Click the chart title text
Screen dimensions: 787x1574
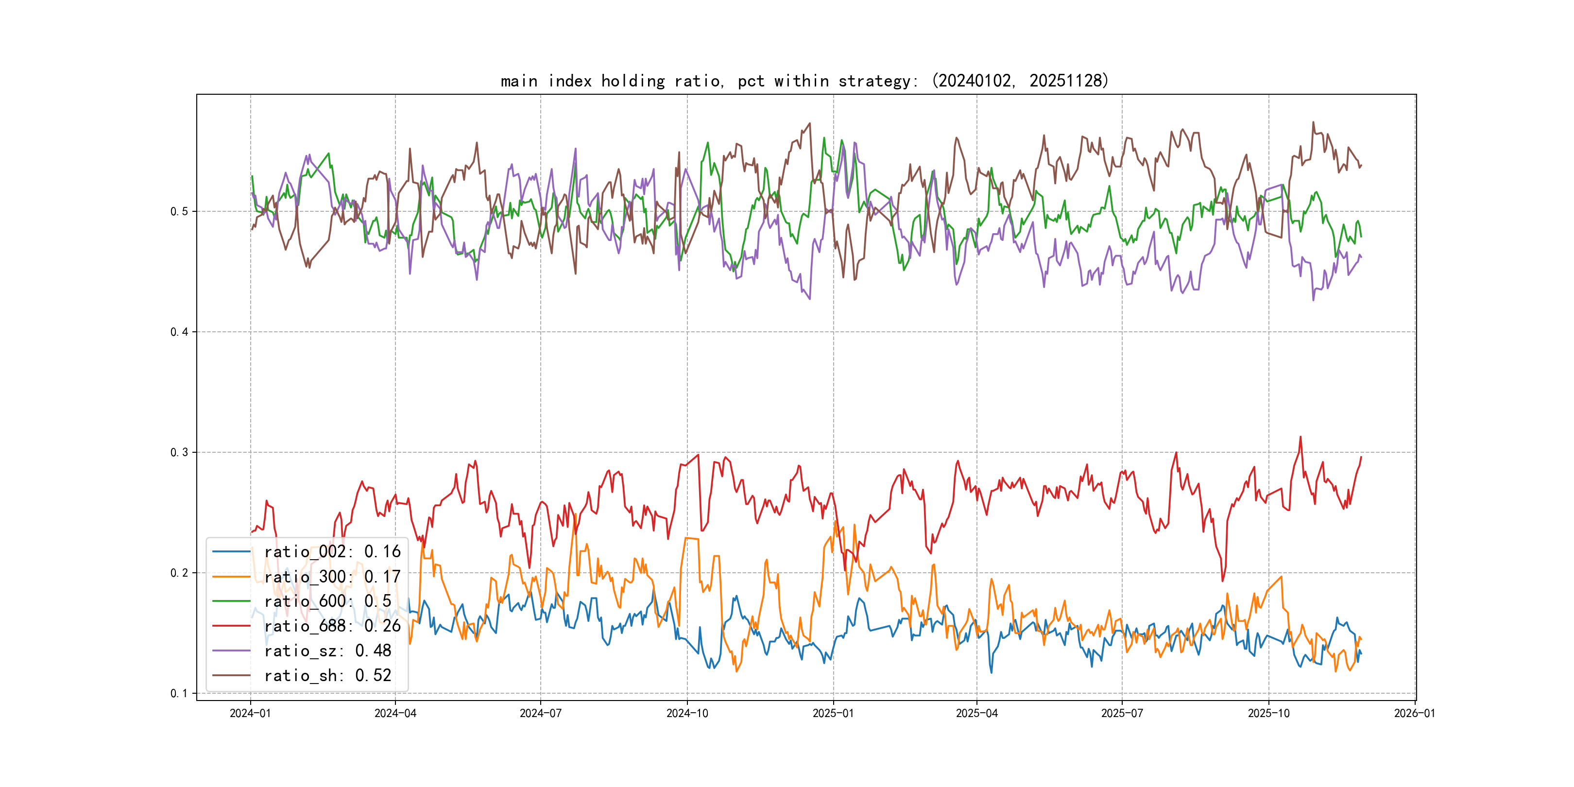click(x=804, y=81)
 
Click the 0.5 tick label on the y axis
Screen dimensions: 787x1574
click(x=179, y=211)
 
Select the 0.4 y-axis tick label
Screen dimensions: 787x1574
click(x=179, y=332)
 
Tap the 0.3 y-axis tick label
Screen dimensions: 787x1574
click(x=179, y=452)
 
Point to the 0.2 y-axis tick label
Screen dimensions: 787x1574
click(x=179, y=573)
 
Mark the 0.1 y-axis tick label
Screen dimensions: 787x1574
click(x=179, y=693)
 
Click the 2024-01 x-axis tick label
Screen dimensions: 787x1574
click(x=250, y=713)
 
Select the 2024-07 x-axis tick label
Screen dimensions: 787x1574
click(x=540, y=713)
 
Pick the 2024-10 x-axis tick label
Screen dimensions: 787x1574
click(x=687, y=713)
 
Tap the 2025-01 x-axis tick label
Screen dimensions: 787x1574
click(x=833, y=713)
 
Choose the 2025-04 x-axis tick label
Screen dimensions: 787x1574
click(x=976, y=713)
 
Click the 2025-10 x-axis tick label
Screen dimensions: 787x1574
click(x=1268, y=713)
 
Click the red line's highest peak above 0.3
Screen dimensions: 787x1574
click(x=1300, y=437)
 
